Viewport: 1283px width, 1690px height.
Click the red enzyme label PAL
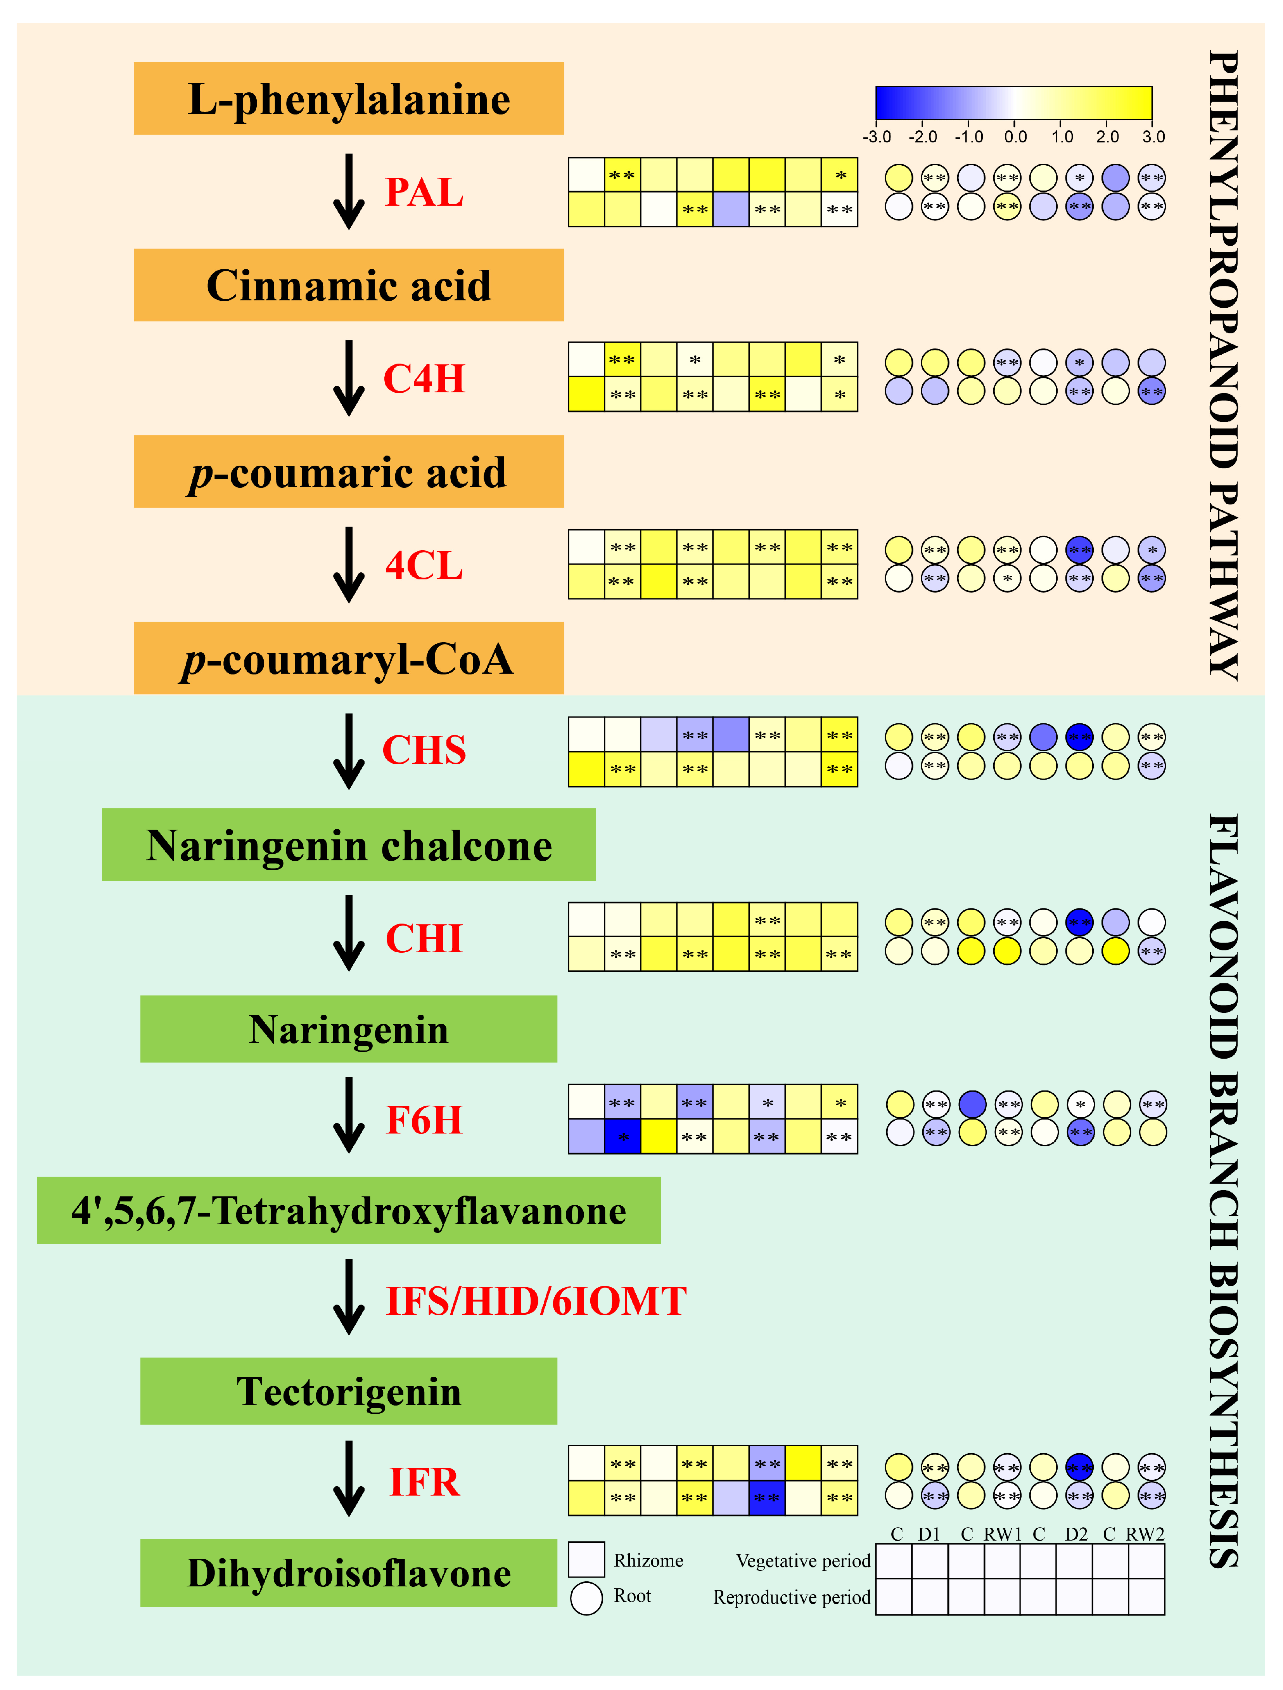point(424,192)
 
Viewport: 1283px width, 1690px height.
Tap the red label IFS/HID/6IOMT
point(536,1301)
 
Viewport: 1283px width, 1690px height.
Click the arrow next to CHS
point(349,751)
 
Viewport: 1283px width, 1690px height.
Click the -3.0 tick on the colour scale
point(877,137)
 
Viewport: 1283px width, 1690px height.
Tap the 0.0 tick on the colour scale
point(1015,137)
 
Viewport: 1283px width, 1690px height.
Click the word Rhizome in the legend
point(648,1560)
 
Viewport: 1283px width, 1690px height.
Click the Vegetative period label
point(802,1561)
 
